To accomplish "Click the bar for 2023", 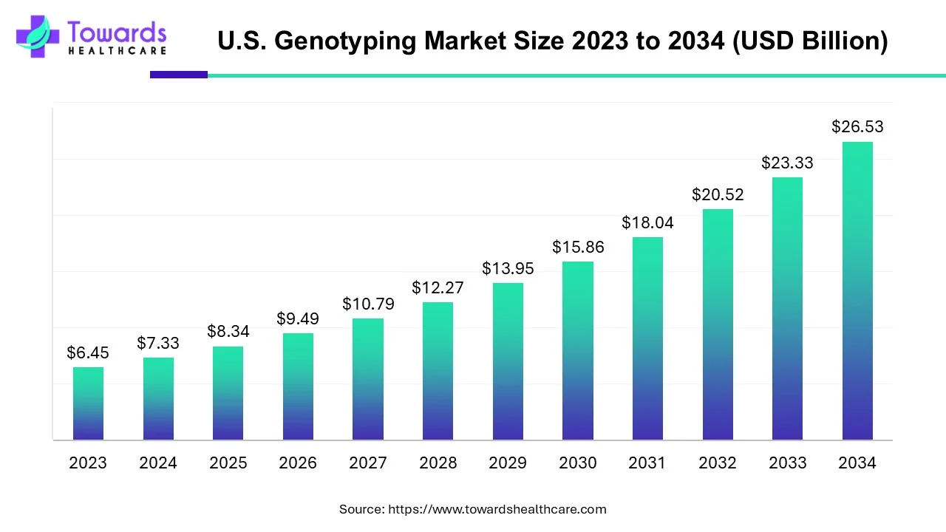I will tap(88, 403).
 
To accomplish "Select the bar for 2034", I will tap(857, 291).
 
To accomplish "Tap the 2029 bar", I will tap(508, 361).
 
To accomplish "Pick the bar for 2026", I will tap(298, 386).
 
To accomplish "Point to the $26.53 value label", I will tap(857, 127).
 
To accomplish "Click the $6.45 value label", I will tap(88, 353).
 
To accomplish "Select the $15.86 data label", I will tap(578, 248).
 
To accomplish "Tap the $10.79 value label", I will tap(368, 304).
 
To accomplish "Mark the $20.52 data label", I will tap(718, 195).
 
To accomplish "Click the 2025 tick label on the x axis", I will tap(228, 463).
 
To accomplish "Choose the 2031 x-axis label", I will tap(647, 463).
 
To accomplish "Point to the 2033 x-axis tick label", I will tap(787, 463).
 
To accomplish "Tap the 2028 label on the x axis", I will tap(438, 463).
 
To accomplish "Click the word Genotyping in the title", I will tap(347, 41).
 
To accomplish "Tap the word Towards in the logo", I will tap(117, 32).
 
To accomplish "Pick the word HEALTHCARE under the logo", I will tap(117, 51).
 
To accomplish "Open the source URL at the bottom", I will tap(497, 509).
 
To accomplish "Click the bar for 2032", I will tap(718, 324).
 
